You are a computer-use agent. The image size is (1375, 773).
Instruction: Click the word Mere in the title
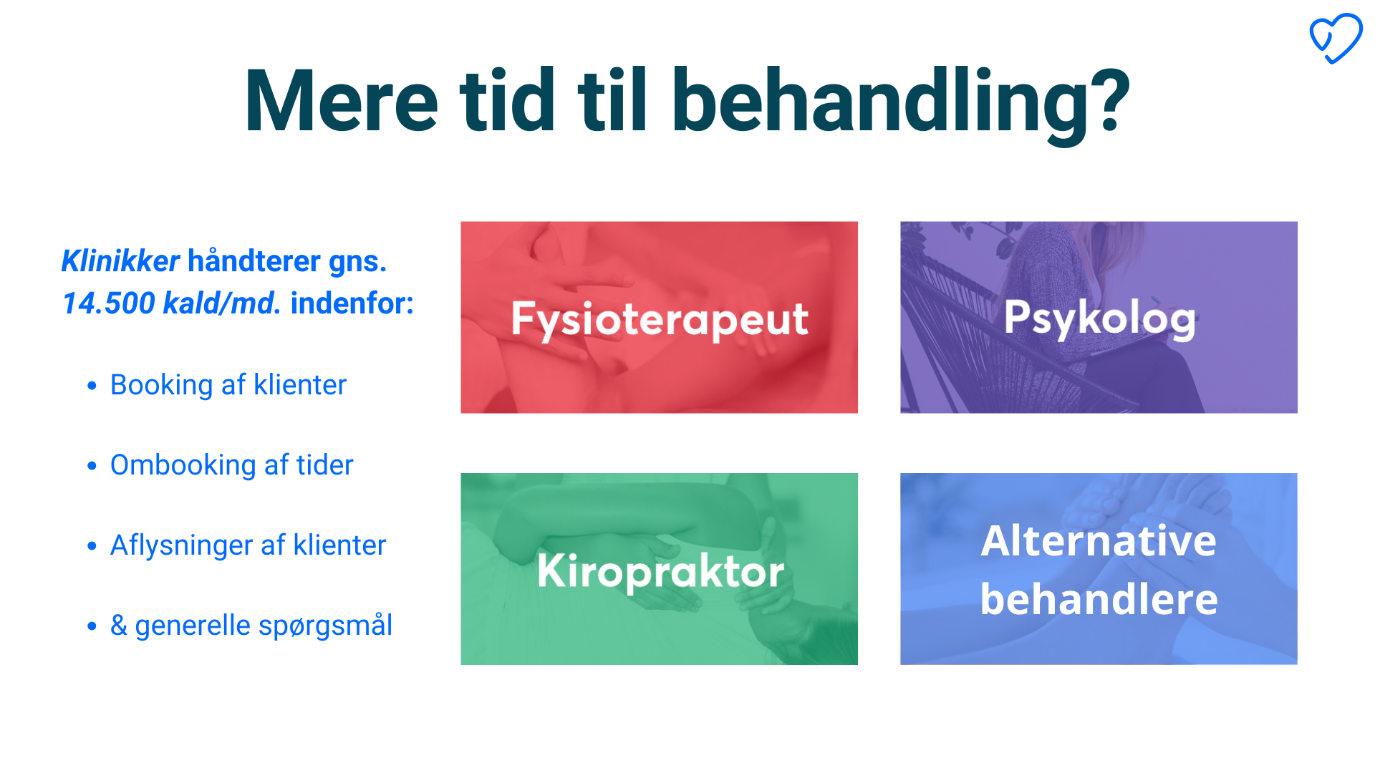pos(341,101)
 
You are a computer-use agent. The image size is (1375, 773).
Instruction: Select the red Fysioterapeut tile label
pos(660,319)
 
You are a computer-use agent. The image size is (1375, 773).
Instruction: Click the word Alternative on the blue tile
pos(1099,540)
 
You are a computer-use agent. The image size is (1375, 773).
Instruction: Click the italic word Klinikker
pos(120,261)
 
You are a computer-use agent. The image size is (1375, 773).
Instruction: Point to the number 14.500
pos(108,303)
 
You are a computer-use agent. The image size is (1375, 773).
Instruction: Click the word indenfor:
pos(352,303)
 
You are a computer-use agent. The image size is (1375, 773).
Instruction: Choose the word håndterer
pos(254,261)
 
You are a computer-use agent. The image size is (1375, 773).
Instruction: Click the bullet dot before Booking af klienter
pos(92,386)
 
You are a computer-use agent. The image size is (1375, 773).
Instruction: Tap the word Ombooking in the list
pos(183,466)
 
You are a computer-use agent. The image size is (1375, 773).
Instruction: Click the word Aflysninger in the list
pos(182,546)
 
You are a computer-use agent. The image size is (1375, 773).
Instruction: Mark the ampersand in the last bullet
pos(119,626)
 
